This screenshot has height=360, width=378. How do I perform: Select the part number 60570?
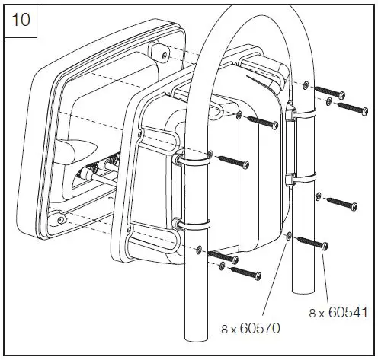click(x=251, y=329)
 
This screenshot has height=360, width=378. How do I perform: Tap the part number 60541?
click(x=338, y=312)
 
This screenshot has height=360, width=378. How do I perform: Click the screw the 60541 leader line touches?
click(x=314, y=244)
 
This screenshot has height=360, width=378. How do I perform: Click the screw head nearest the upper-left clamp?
click(x=232, y=161)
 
